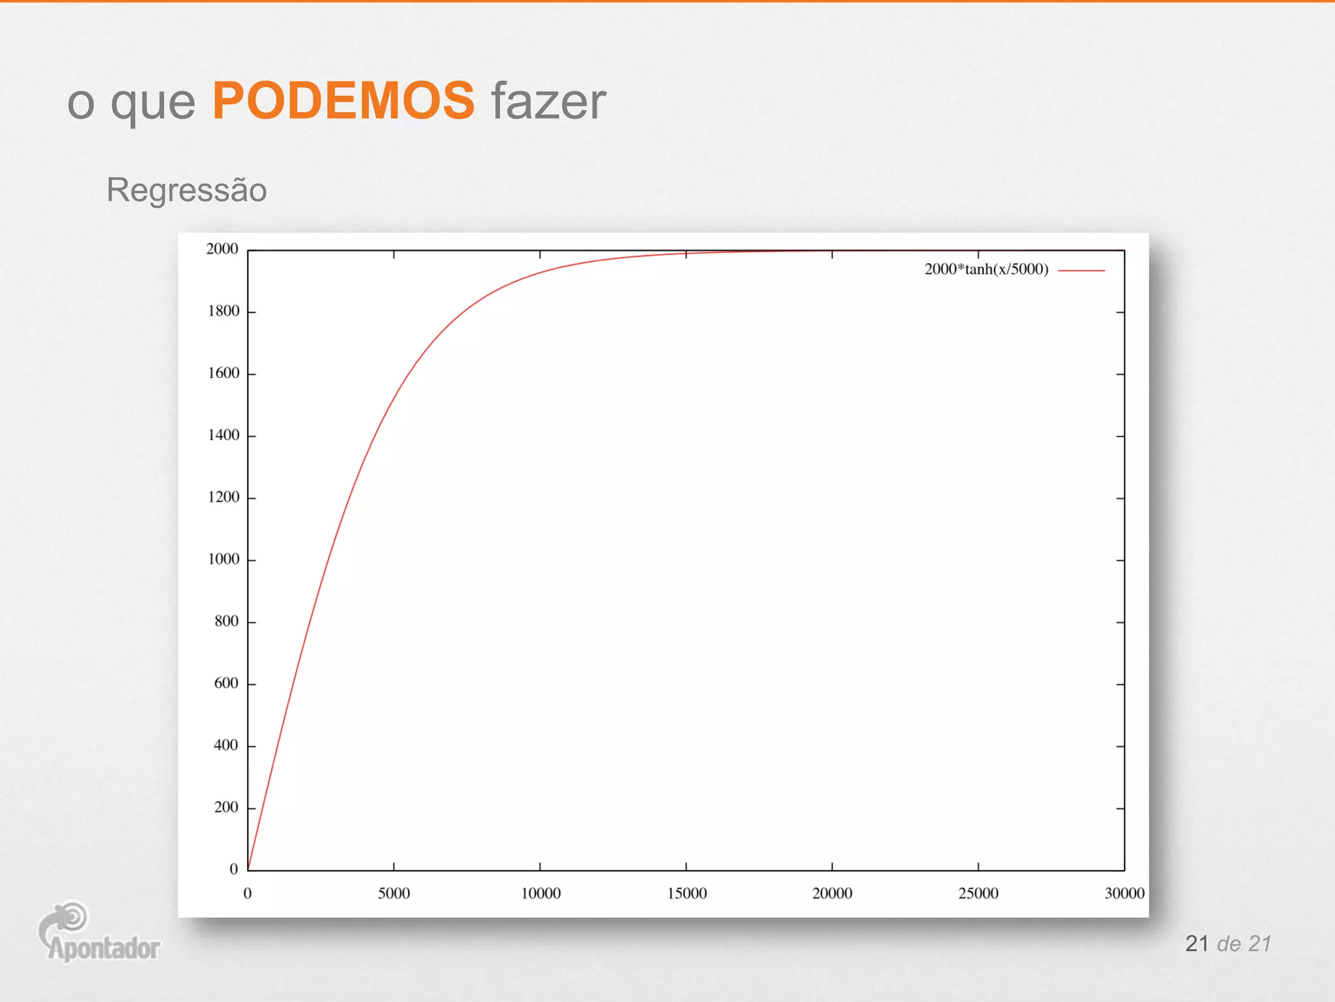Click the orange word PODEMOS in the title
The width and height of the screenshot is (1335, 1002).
344,101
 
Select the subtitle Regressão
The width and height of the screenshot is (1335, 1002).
186,190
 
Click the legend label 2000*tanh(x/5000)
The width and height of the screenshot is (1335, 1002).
986,269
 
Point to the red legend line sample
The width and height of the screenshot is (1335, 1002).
1081,270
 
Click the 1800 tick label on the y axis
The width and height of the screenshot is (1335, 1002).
224,311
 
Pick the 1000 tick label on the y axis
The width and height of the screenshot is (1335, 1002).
224,559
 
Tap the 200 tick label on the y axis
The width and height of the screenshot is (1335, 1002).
226,808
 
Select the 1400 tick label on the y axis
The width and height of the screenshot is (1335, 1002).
224,435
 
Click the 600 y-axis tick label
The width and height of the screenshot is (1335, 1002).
226,683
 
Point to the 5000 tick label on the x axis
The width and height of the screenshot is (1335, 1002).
394,893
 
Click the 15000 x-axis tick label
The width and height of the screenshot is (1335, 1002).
686,893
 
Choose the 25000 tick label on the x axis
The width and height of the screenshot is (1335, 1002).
978,893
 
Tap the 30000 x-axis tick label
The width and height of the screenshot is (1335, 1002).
1124,893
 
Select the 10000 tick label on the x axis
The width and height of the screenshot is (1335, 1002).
540,893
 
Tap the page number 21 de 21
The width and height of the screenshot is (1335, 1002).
1228,943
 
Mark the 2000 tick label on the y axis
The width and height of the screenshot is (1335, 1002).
222,249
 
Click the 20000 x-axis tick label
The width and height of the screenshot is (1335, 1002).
832,893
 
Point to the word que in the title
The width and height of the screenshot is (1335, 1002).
153,104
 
